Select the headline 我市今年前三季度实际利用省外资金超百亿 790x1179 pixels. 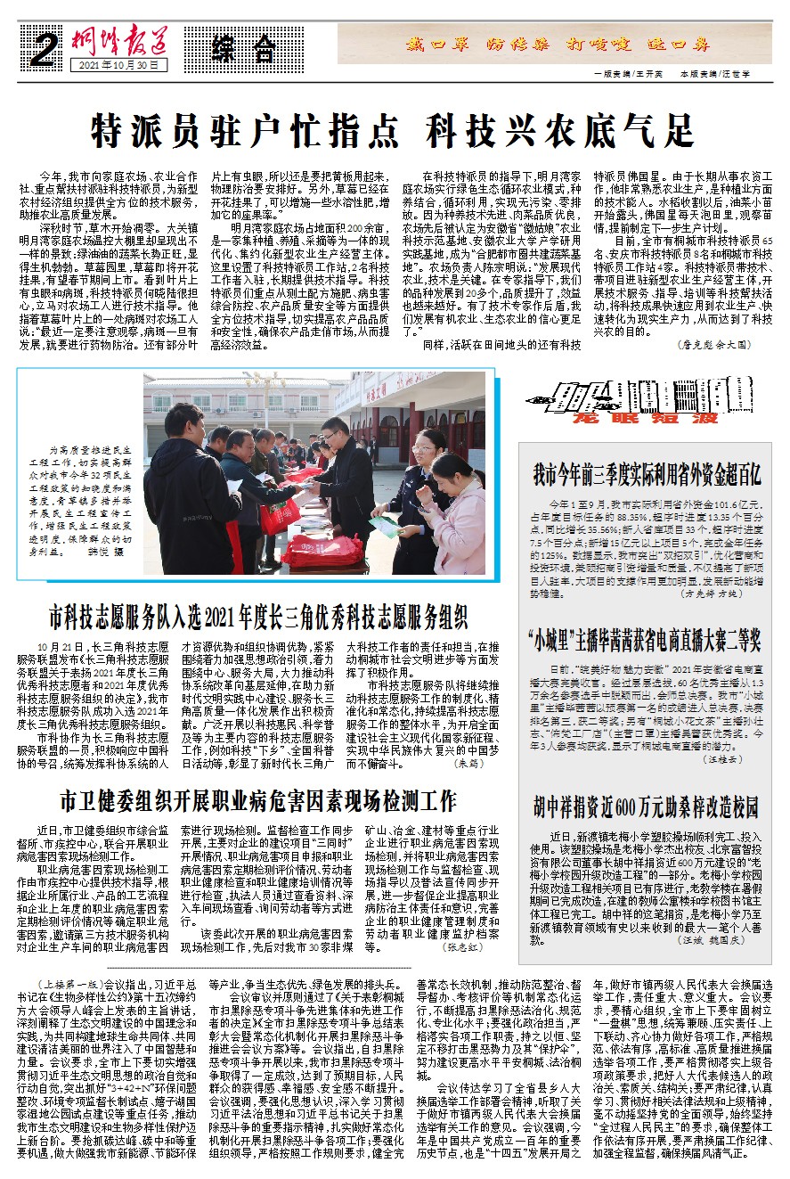[646, 474]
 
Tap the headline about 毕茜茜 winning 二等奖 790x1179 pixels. [646, 640]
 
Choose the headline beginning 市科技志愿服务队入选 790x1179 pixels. [258, 617]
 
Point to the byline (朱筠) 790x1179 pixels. [467, 763]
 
